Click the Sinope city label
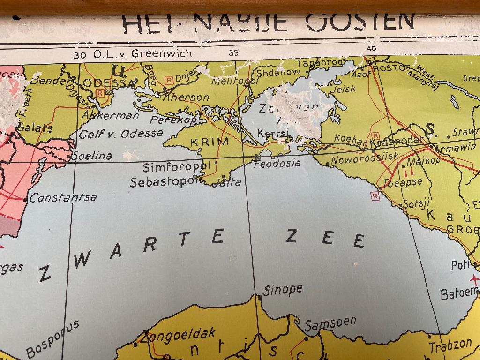tap(282, 290)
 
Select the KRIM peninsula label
tap(210, 142)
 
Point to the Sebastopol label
tap(162, 182)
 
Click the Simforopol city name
tap(176, 167)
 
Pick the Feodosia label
tap(277, 163)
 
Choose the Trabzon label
tap(450, 345)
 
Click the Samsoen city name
tap(330, 323)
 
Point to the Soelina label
tap(92, 156)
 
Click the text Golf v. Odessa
tap(121, 134)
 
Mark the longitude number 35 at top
tap(233, 53)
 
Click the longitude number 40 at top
tap(372, 48)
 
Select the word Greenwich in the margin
tap(162, 53)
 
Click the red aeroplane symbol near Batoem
tap(474, 280)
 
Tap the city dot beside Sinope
tap(258, 297)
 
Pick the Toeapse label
tap(403, 183)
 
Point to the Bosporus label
tap(52, 338)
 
